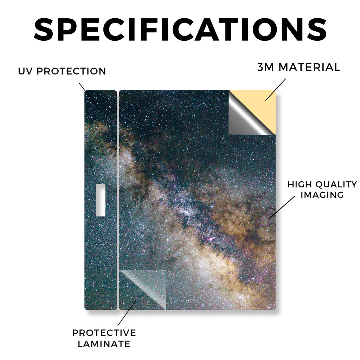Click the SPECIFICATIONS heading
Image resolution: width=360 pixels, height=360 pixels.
180,30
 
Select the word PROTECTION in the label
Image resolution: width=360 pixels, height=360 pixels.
71,71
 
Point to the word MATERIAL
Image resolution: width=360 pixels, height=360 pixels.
309,67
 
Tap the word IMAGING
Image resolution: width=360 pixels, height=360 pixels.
322,195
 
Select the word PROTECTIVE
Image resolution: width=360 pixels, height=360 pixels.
104,333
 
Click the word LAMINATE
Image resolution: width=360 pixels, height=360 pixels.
104,344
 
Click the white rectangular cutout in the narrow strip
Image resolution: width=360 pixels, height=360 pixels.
101,200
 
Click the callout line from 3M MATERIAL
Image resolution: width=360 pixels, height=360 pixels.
276,90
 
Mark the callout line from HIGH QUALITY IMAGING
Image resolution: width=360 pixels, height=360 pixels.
282,207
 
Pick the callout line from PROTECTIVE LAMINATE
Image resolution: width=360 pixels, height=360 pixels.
127,313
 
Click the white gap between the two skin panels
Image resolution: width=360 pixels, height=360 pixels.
118,200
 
